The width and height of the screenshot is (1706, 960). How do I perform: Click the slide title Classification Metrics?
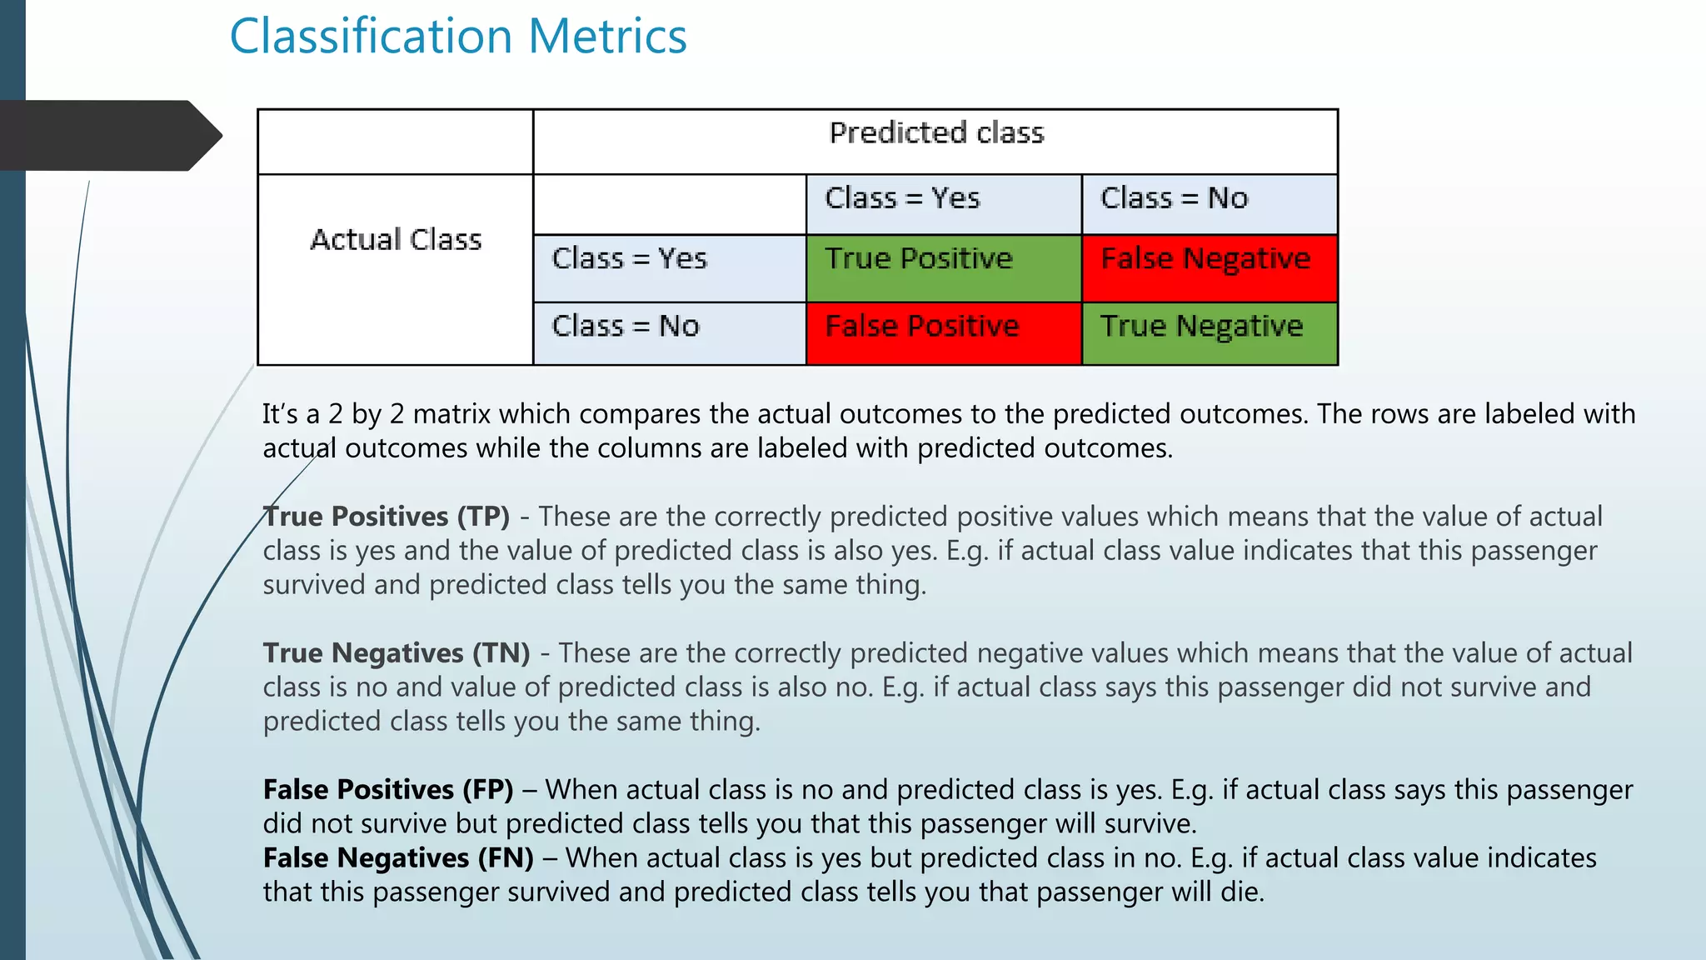458,37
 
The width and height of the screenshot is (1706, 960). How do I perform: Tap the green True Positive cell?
943,267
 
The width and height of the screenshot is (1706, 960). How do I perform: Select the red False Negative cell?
1209,267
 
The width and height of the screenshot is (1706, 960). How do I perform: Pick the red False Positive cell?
943,333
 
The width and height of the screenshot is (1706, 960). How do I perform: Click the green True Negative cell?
1209,333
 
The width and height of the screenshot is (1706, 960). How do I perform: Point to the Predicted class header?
935,133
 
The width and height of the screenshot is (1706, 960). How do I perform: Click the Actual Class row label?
396,240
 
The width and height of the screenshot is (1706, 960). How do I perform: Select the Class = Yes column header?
902,198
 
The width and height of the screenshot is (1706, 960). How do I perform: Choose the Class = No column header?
1174,198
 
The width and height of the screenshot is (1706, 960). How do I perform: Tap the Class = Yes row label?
629,259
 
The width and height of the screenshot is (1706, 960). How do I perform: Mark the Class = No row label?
626,326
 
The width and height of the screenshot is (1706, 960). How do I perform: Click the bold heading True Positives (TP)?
387,517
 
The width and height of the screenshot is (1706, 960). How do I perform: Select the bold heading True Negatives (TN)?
397,653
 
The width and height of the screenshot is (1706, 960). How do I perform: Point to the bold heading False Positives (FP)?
388,790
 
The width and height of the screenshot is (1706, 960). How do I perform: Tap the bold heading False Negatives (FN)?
398,858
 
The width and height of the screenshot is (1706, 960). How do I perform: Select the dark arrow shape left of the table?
108,135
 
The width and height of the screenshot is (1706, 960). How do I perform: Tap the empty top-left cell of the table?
396,142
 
